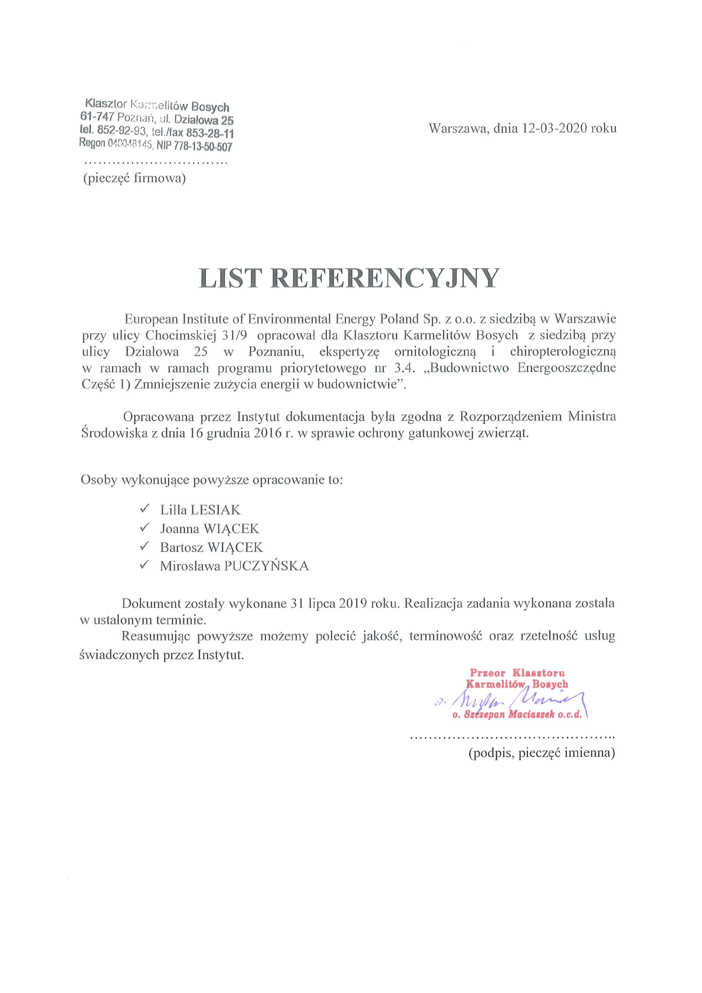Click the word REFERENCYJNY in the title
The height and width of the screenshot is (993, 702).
(x=385, y=278)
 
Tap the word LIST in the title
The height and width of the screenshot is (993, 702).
(x=229, y=278)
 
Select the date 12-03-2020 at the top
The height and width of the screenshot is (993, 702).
(x=555, y=128)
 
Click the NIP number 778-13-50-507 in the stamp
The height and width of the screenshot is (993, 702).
(x=202, y=146)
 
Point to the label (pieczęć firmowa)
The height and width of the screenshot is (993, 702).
(x=135, y=178)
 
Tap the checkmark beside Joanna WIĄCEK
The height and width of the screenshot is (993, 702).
(x=145, y=527)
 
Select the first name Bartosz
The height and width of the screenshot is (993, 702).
(x=182, y=547)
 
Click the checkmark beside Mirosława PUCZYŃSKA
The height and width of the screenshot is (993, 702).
(x=145, y=565)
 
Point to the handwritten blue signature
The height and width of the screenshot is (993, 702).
(x=513, y=701)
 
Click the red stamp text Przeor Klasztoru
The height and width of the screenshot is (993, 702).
(x=517, y=673)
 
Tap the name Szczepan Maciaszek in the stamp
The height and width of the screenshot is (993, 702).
(x=509, y=715)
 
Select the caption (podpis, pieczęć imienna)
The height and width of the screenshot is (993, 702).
(x=542, y=753)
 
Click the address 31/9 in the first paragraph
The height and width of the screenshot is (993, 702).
(x=234, y=335)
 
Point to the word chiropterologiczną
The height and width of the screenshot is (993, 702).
(x=563, y=351)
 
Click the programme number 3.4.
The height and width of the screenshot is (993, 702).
(x=405, y=368)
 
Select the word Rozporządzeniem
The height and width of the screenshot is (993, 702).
(x=511, y=416)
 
